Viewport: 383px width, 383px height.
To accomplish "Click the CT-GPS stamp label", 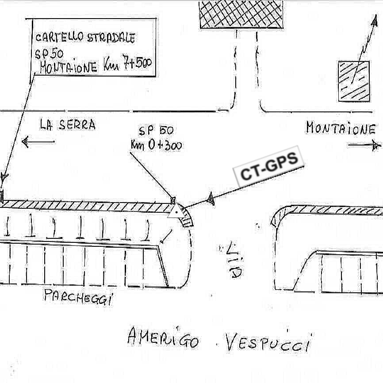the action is tap(269, 167).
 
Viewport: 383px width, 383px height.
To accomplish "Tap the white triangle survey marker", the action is tap(176, 211).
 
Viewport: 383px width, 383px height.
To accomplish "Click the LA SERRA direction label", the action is tap(67, 125).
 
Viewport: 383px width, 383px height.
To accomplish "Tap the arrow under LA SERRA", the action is tap(38, 142).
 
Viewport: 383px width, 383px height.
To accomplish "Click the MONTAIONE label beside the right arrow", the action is tap(340, 129).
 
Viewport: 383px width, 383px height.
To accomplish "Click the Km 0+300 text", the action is tap(156, 145).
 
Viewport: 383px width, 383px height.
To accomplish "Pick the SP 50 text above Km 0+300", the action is tap(156, 131).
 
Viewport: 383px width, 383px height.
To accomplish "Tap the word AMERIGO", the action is tap(163, 338).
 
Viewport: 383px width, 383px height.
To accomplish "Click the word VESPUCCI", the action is tap(268, 343).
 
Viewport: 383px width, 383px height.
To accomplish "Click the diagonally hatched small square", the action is tap(354, 81).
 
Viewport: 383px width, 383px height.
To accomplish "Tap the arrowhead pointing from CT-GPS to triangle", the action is tap(211, 200).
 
